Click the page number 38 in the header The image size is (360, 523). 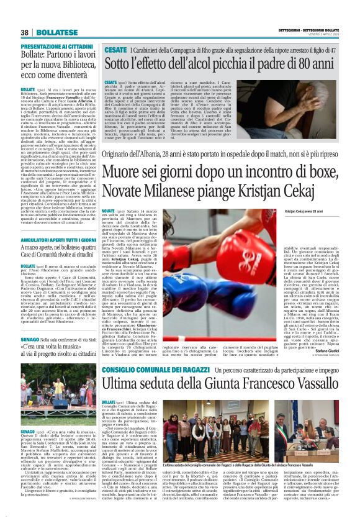[25, 32]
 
